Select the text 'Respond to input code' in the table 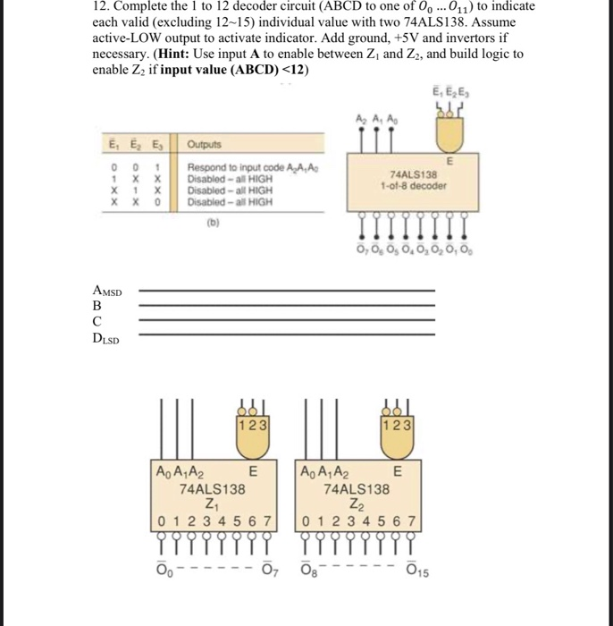[220, 167]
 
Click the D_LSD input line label [106, 337]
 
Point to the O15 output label [417, 572]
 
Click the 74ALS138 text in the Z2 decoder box [357, 489]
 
